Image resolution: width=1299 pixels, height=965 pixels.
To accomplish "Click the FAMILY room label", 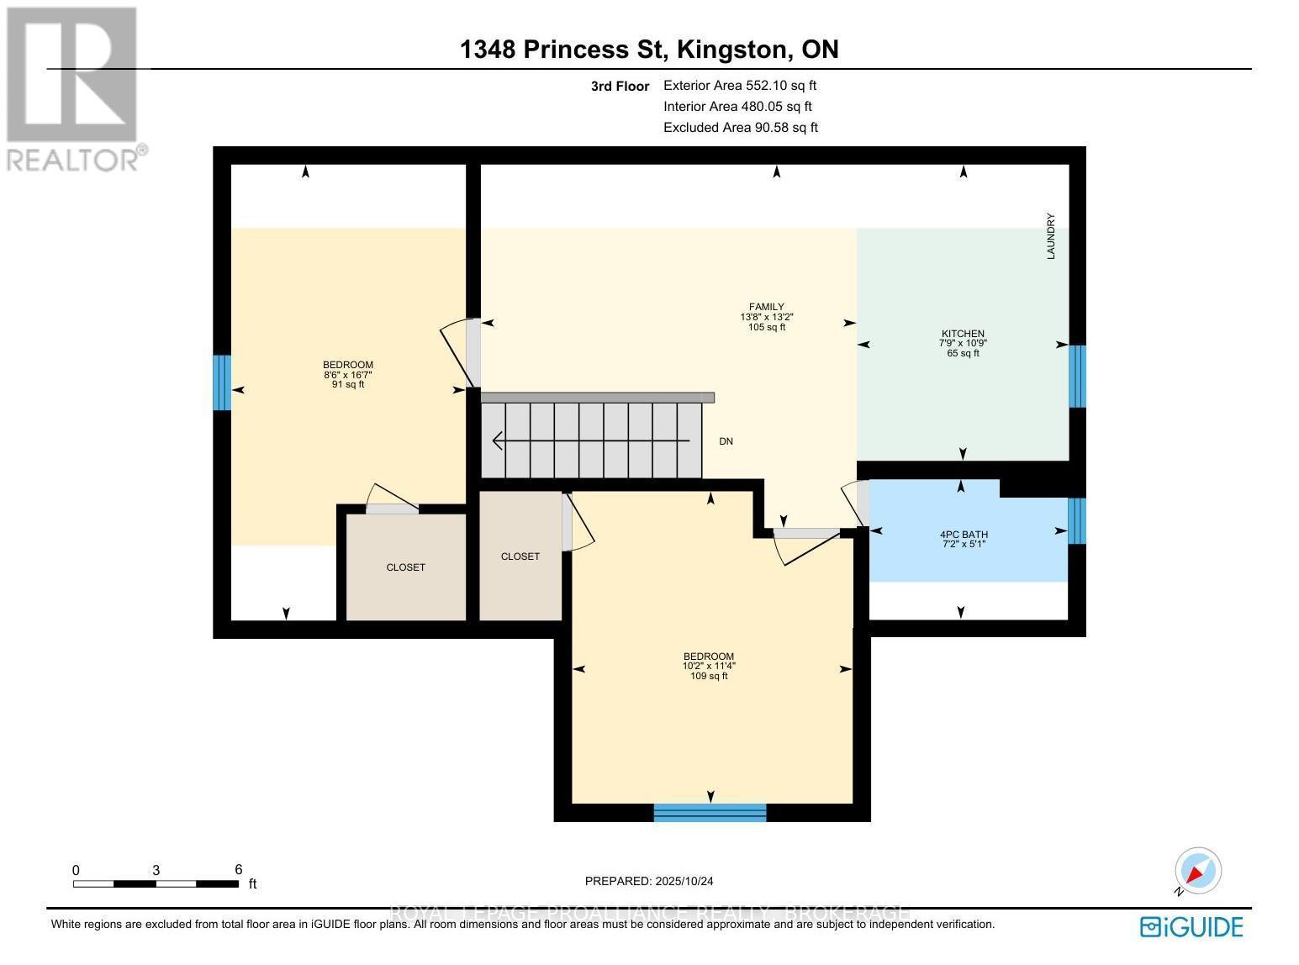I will (x=766, y=307).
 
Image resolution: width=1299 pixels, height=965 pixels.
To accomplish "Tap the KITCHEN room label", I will (x=963, y=334).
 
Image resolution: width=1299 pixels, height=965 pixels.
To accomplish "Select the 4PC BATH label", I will (x=963, y=534).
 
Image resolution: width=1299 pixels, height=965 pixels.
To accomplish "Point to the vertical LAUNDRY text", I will (x=1050, y=236).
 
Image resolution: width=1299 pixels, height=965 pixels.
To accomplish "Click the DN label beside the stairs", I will (x=726, y=441).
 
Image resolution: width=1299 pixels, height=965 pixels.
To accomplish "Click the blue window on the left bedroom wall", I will (x=221, y=382).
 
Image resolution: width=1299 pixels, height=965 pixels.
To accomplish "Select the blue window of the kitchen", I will (x=1077, y=376).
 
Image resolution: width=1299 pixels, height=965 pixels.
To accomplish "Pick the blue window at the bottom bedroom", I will (x=710, y=812).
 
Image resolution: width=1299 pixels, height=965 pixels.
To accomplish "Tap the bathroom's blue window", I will (x=1077, y=521).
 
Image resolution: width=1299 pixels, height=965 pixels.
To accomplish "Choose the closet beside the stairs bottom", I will (x=520, y=556).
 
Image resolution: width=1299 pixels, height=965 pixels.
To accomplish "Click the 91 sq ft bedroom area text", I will (x=347, y=385).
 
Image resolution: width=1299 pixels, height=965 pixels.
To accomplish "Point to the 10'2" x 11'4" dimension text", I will (x=709, y=666).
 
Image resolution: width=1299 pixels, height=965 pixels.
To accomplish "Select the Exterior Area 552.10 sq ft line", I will (x=740, y=85).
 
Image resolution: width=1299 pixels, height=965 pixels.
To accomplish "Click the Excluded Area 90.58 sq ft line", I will (x=740, y=128).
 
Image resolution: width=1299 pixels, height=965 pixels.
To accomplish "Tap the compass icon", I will (x=1197, y=870).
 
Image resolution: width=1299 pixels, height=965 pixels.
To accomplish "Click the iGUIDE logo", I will (x=1191, y=926).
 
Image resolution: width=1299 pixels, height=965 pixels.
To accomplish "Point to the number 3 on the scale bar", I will (x=156, y=870).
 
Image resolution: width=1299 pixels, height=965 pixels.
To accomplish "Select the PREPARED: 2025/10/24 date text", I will (x=649, y=881).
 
